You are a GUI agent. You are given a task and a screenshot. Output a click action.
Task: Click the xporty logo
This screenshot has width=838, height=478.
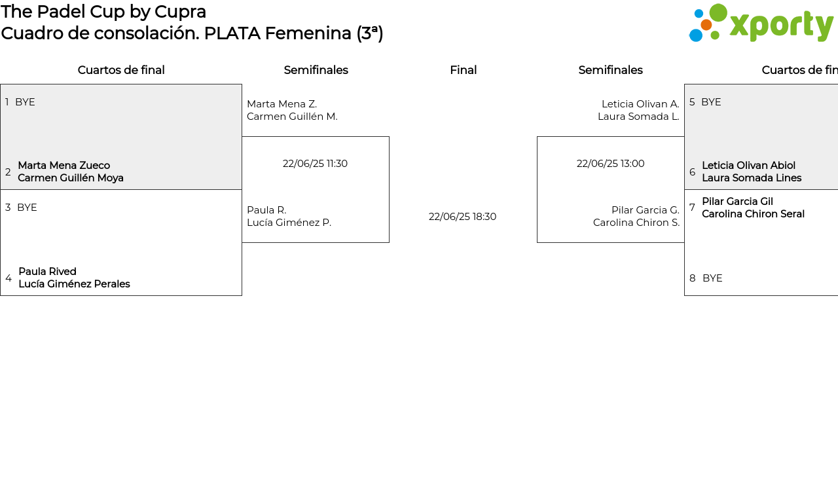[x=761, y=24]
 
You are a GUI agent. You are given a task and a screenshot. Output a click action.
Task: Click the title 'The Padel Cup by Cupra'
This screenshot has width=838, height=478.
[x=103, y=12]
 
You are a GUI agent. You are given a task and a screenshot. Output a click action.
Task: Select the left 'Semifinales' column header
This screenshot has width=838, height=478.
[x=316, y=70]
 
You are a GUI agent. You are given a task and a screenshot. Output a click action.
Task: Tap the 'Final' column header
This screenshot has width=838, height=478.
[x=463, y=70]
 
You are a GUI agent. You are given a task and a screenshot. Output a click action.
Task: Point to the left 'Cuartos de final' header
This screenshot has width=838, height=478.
[x=121, y=70]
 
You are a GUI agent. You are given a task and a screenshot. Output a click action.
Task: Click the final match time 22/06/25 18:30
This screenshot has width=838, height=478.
[x=462, y=217]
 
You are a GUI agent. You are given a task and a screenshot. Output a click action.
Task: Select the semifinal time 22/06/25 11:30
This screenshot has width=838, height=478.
[x=315, y=164]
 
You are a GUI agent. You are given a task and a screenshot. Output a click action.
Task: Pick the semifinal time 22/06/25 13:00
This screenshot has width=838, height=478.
[x=610, y=164]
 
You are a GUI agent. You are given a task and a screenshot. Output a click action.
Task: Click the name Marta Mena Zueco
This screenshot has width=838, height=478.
[x=64, y=166]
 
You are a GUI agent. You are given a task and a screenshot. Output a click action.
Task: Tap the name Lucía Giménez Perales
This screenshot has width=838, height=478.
[x=74, y=284]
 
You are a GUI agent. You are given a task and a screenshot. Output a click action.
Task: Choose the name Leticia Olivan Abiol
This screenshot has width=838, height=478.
[x=748, y=166]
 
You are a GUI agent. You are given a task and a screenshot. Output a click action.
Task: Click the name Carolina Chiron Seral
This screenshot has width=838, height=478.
[x=753, y=214]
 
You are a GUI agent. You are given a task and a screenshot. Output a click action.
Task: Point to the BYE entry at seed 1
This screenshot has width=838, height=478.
[x=25, y=102]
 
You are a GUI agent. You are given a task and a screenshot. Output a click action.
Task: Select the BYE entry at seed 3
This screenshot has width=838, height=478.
[x=27, y=208]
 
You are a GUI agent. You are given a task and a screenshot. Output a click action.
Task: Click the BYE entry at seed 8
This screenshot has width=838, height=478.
[x=712, y=278]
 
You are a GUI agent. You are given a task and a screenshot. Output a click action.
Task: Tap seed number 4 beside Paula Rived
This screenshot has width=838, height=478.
[x=9, y=278]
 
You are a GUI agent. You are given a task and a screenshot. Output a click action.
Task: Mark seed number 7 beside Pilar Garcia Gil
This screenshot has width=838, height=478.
[x=692, y=208]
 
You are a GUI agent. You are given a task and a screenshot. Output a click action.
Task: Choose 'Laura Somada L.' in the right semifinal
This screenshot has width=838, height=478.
[x=638, y=117]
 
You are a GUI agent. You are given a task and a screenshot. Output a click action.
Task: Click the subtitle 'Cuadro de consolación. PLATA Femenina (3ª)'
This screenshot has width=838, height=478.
[x=192, y=33]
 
